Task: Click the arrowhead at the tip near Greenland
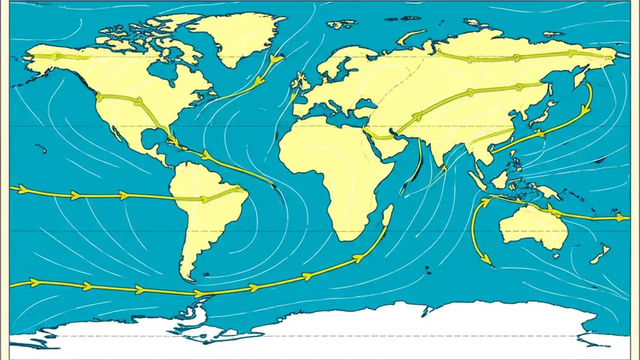[274, 59]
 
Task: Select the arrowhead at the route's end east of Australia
[622, 217]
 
